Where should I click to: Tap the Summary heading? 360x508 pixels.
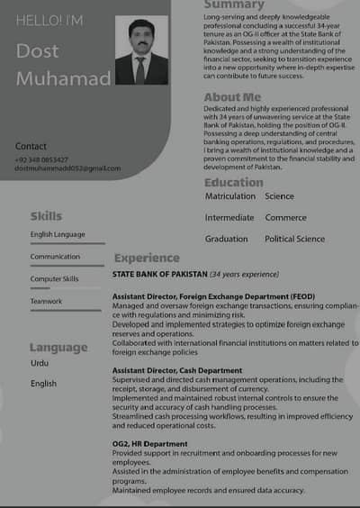pos(234,5)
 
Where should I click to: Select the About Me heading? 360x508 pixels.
pos(232,97)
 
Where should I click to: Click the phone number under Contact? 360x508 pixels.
pos(41,159)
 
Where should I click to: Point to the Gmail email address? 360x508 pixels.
pos(67,168)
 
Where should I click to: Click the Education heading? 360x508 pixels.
pos(233,183)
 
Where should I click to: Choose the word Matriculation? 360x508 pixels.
pos(230,196)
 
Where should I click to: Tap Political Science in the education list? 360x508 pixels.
pos(294,240)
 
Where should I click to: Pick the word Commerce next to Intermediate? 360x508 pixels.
pos(285,218)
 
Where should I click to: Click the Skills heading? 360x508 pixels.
pos(46,216)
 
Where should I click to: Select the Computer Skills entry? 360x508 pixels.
pos(54,279)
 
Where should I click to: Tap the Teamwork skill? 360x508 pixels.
pos(46,301)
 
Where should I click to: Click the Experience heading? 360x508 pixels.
pos(146,259)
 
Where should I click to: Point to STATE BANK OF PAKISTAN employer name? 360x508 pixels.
pos(159,274)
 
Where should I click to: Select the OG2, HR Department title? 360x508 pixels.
pos(150,444)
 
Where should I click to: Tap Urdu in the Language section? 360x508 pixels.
pos(40,363)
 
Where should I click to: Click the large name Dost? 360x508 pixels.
pos(38,51)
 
